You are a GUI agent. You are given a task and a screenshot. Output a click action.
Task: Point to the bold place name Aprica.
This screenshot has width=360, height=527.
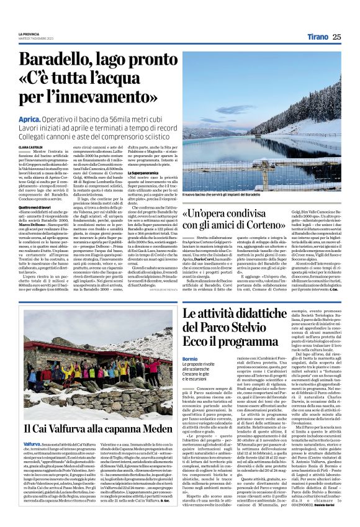(x=30, y=118)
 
